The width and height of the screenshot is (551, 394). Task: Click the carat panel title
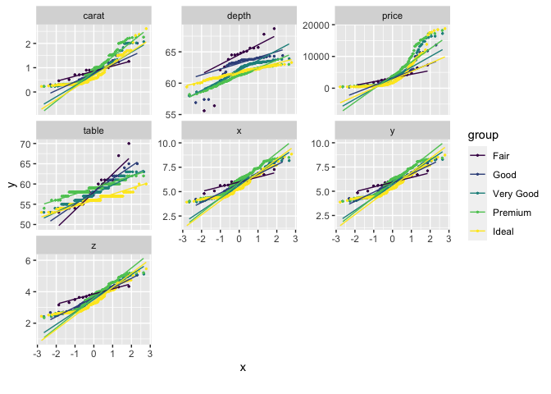(x=93, y=16)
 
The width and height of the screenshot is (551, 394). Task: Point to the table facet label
(x=93, y=131)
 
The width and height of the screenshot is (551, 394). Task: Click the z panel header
(x=93, y=245)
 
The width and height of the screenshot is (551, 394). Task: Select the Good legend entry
(x=505, y=174)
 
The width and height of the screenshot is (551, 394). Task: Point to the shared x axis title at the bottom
(x=243, y=368)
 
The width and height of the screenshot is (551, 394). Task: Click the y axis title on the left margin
(x=11, y=186)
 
